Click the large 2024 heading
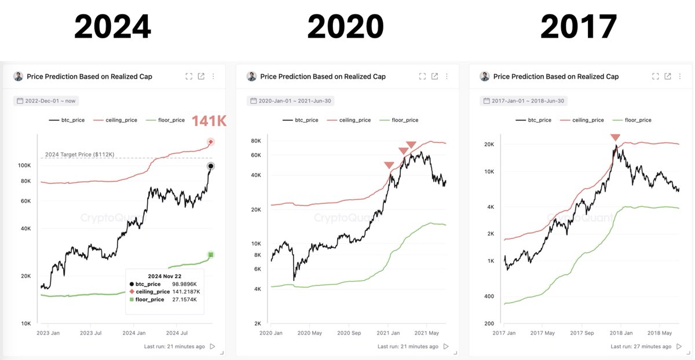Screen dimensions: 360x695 click(x=113, y=27)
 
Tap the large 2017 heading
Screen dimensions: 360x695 click(x=579, y=27)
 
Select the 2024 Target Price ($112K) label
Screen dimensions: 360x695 click(x=79, y=154)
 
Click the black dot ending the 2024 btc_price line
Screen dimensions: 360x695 click(x=211, y=166)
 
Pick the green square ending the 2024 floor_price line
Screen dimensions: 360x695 click(x=211, y=255)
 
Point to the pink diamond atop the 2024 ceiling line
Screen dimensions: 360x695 click(x=211, y=142)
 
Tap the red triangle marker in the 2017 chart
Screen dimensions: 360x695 click(x=615, y=137)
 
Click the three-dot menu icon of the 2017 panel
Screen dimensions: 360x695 click(x=680, y=76)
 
